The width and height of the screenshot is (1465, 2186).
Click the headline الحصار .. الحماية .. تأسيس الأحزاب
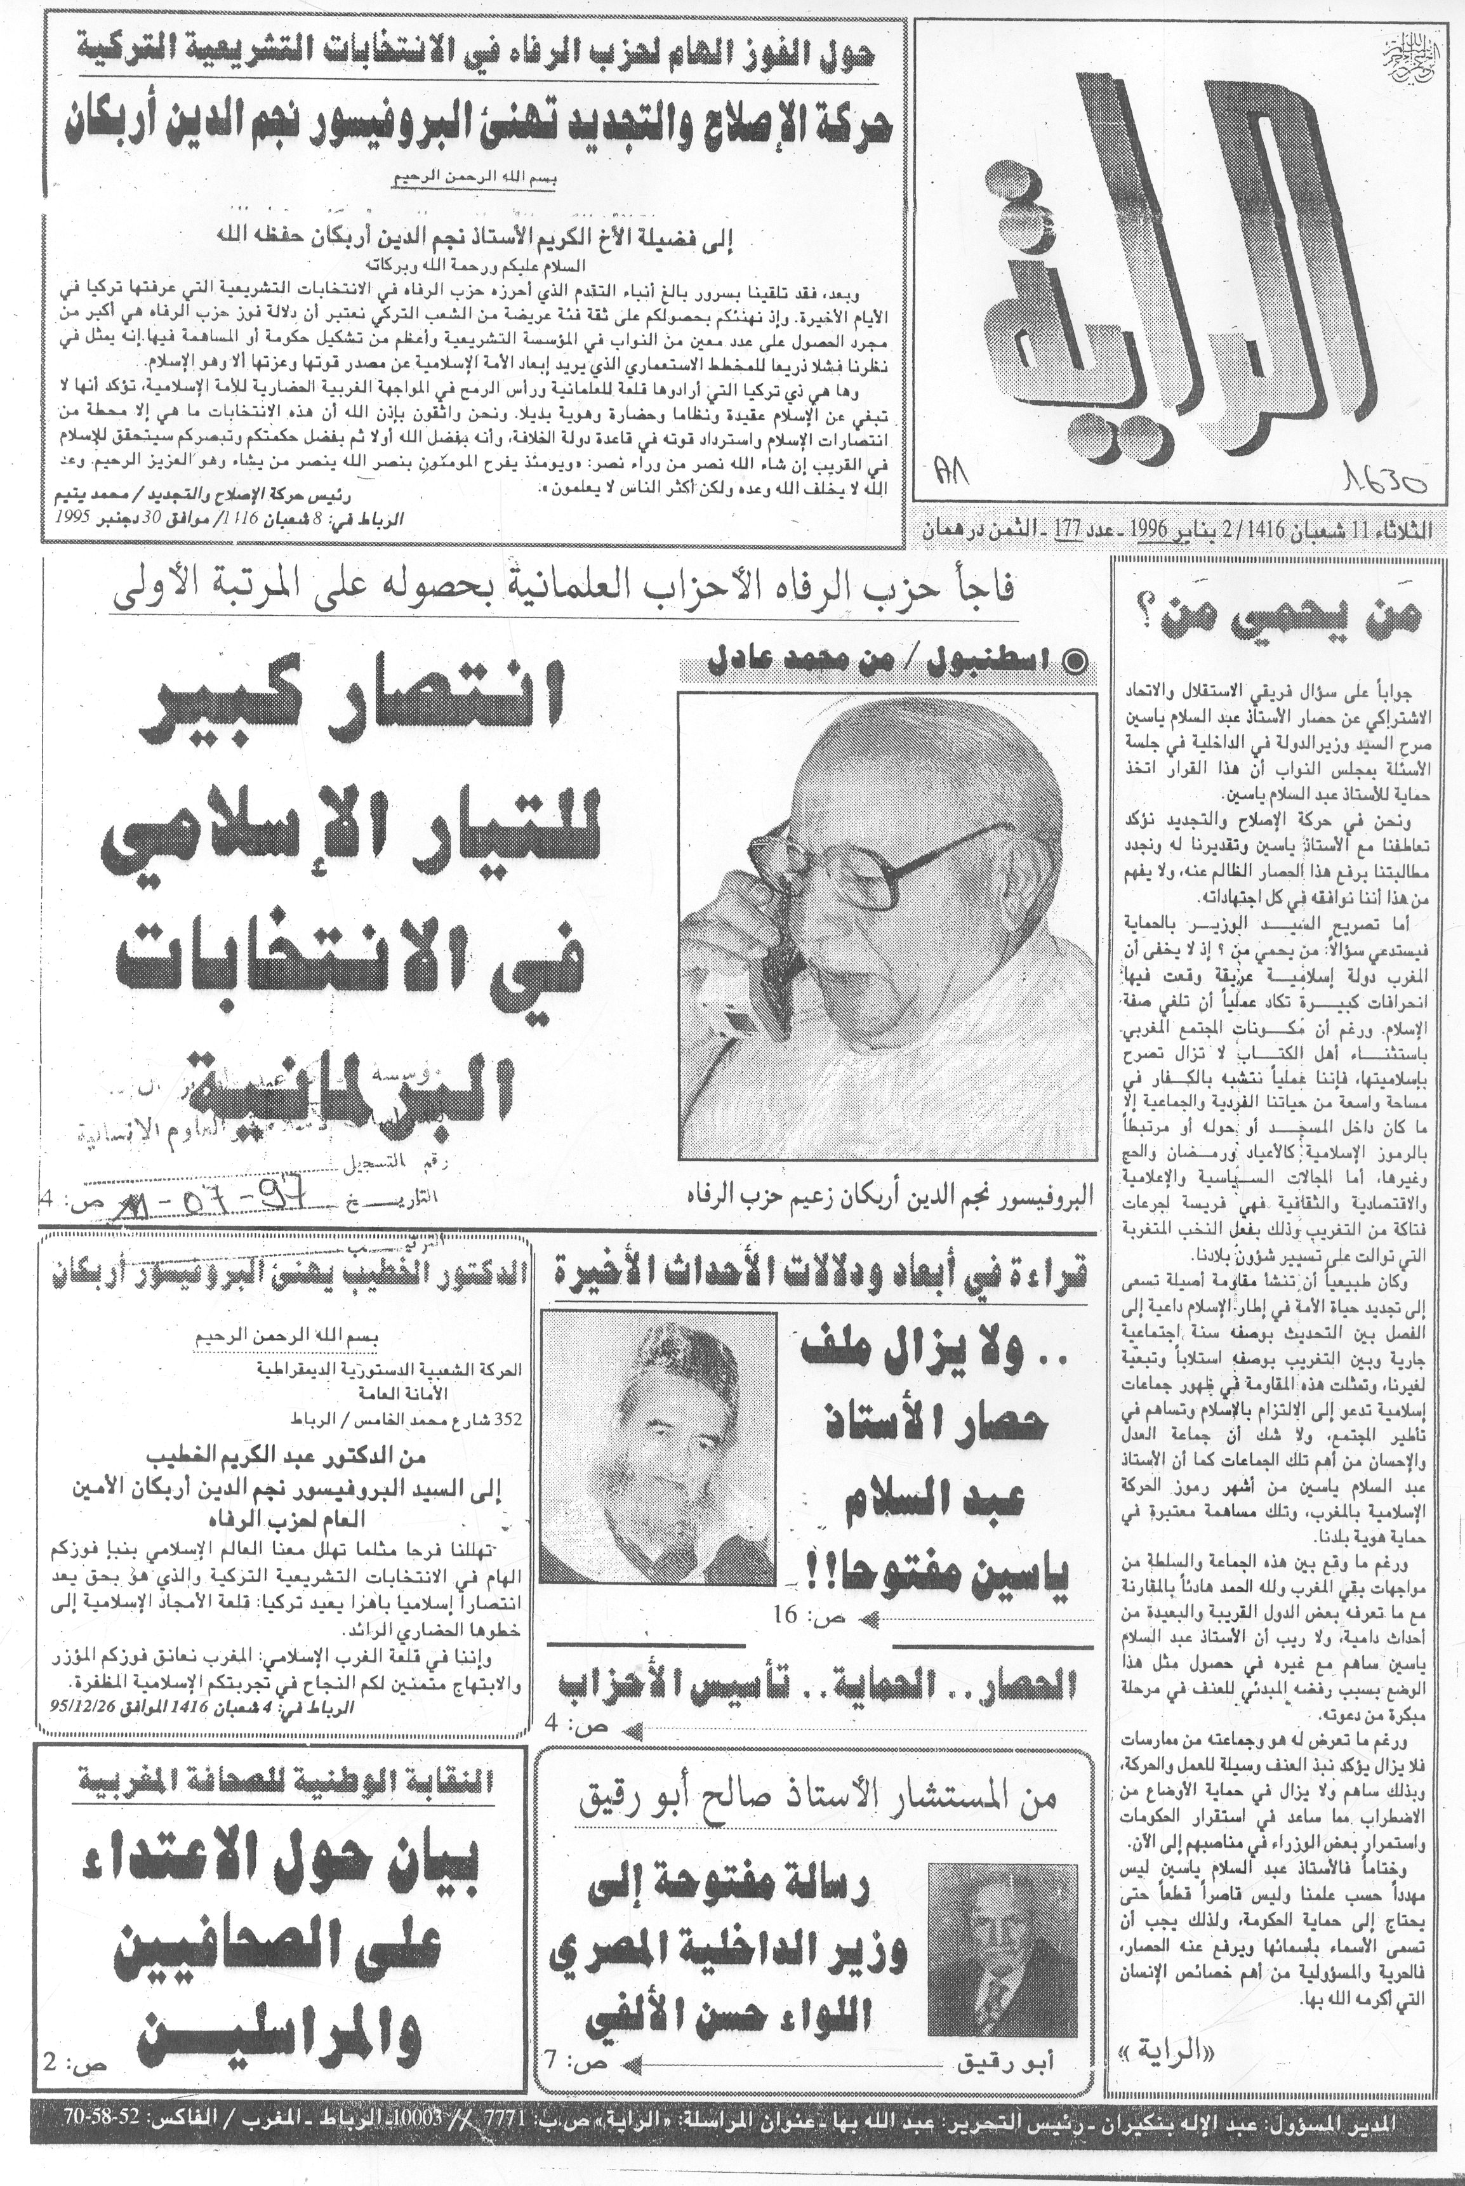coord(818,1685)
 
